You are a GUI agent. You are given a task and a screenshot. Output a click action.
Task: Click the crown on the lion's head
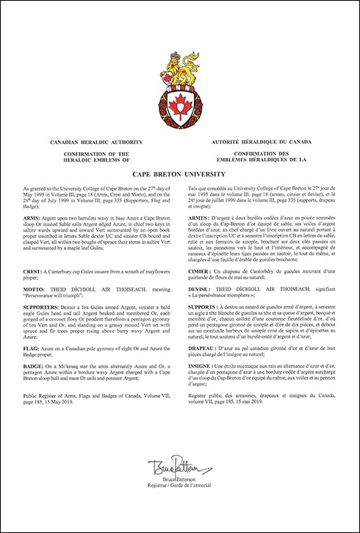tap(174, 57)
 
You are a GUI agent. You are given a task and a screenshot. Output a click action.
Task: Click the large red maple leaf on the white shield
tap(179, 107)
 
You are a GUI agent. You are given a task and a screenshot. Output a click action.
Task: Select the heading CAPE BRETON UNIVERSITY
tap(180, 174)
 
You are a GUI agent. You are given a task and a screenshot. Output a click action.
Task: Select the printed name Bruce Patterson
tap(180, 501)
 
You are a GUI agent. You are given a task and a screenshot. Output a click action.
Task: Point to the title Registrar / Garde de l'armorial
tap(180, 507)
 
